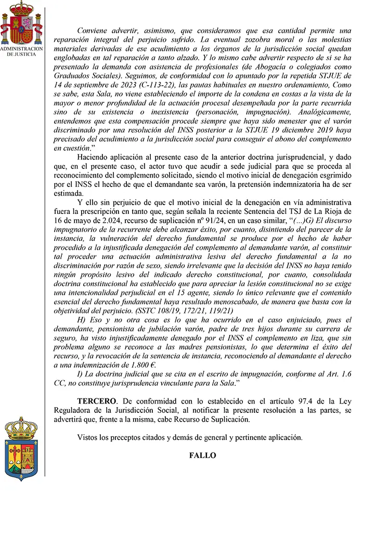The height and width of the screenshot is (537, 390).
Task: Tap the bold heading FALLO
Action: (203, 455)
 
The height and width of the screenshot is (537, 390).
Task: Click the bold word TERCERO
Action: (96, 401)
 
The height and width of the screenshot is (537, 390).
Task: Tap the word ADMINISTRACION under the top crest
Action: (21, 48)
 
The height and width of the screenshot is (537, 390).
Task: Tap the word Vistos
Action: (87, 437)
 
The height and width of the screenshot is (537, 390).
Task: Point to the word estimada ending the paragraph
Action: (70, 193)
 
